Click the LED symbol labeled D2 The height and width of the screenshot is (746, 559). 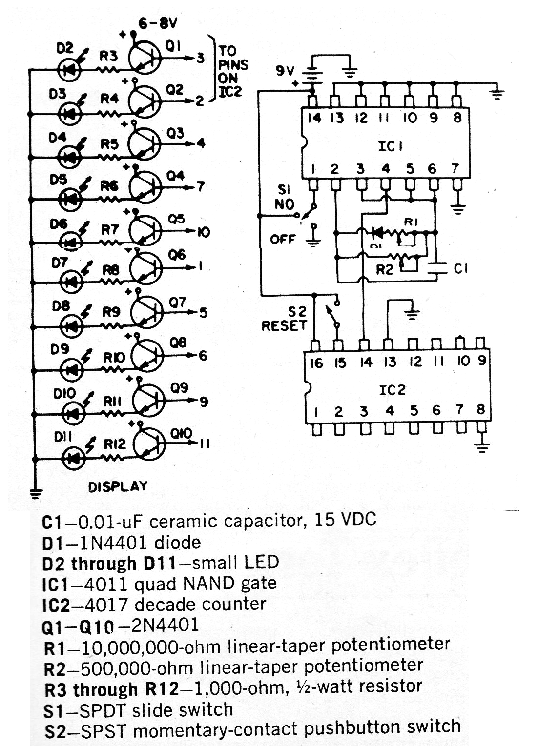pyautogui.click(x=69, y=70)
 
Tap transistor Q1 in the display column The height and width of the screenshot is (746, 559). pyautogui.click(x=145, y=58)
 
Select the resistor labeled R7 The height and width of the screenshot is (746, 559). pyautogui.click(x=109, y=242)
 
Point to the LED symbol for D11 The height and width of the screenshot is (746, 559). pyautogui.click(x=74, y=459)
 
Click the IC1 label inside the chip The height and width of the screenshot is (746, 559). pyautogui.click(x=391, y=146)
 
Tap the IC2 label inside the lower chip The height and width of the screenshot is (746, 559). pyautogui.click(x=393, y=390)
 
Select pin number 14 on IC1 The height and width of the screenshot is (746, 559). pyautogui.click(x=314, y=118)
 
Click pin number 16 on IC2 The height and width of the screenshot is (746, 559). pyautogui.click(x=316, y=363)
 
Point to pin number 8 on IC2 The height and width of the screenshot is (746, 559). pyautogui.click(x=480, y=409)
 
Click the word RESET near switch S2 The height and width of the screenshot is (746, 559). pyautogui.click(x=284, y=326)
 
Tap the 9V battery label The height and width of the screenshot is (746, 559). pyautogui.click(x=285, y=71)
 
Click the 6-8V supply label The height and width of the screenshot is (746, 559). pyautogui.click(x=158, y=23)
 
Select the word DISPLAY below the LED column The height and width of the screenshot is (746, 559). pyautogui.click(x=118, y=486)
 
